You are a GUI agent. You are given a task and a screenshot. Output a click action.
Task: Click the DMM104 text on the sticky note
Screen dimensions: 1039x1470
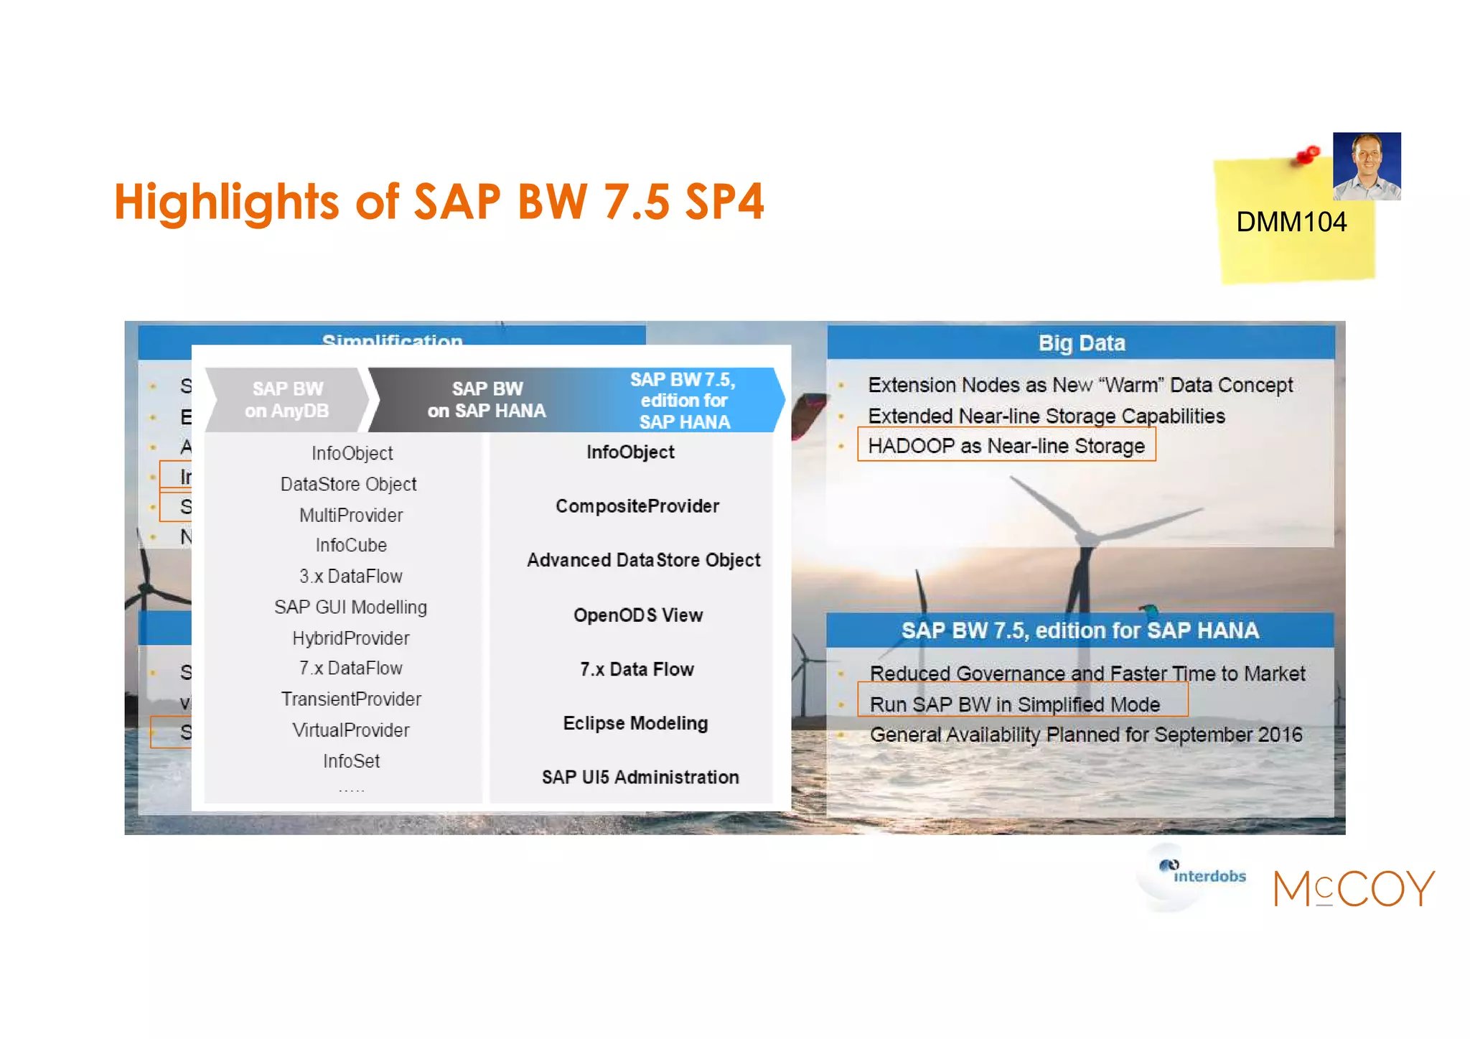click(x=1291, y=222)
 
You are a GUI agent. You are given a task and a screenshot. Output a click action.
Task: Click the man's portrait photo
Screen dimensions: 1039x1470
click(x=1366, y=166)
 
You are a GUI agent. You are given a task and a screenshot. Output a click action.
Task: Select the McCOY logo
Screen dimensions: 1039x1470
click(x=1354, y=888)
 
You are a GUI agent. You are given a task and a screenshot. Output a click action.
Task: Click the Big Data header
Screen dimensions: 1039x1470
click(x=1081, y=343)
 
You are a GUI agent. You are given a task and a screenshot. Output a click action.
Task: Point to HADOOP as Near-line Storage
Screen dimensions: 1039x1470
click(x=1006, y=446)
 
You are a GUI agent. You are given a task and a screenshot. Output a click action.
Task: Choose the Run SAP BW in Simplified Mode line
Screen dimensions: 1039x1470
click(x=1014, y=704)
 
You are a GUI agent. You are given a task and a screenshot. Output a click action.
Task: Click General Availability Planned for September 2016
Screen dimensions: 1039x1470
click(x=1085, y=735)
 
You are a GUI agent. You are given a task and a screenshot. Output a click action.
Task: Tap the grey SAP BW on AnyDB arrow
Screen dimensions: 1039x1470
click(x=287, y=400)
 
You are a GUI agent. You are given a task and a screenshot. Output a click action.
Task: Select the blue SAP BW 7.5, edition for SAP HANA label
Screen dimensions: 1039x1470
click(x=684, y=401)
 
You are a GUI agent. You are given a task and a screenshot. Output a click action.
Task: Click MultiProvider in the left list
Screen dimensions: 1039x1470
click(x=351, y=515)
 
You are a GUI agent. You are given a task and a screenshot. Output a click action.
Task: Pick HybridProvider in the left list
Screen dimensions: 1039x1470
click(x=351, y=638)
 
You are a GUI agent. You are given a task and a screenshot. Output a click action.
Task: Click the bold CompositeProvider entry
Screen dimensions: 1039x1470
click(x=637, y=506)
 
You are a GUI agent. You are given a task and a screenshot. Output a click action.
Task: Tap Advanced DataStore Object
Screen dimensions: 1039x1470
click(x=643, y=560)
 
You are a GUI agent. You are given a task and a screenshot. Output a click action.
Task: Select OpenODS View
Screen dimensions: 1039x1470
click(x=637, y=615)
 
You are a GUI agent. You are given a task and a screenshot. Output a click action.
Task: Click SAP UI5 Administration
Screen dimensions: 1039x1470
click(x=640, y=777)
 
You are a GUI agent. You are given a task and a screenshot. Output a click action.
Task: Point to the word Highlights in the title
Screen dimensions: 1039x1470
click(x=226, y=202)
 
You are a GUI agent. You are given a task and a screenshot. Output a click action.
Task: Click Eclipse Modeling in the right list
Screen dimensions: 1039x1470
click(x=635, y=723)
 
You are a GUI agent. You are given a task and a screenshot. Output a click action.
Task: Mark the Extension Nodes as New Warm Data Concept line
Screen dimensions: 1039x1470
click(x=1080, y=385)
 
